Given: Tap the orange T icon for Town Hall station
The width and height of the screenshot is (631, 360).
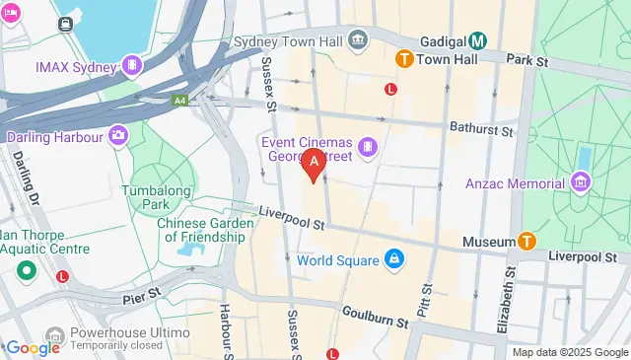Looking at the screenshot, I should [x=403, y=60].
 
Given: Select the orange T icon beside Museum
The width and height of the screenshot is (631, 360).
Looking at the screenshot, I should [x=527, y=242].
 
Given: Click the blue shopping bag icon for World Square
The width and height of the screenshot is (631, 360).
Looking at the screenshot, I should [x=393, y=260].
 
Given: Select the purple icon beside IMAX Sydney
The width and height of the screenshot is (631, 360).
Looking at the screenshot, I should [x=130, y=66].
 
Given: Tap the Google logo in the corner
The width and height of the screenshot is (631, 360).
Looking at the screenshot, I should [x=33, y=347].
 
